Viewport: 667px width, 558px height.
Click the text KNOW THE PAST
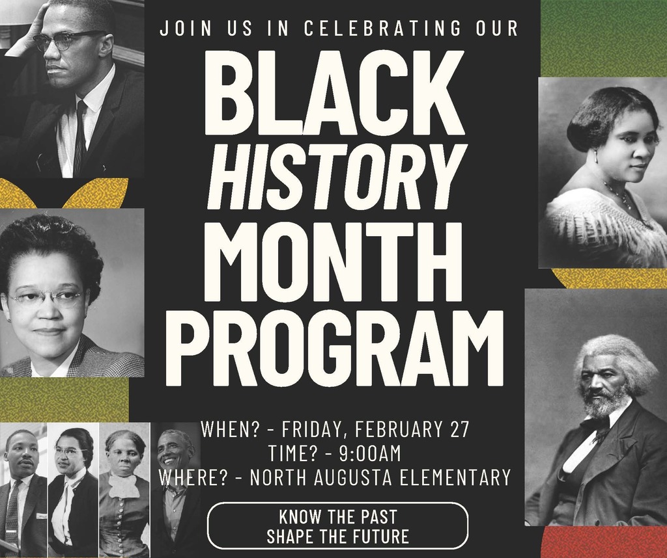point(337,518)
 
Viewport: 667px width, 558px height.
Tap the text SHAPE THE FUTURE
point(337,537)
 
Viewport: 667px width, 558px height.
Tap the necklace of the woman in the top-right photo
point(619,196)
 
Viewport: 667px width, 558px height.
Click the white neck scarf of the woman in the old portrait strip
point(124,485)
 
